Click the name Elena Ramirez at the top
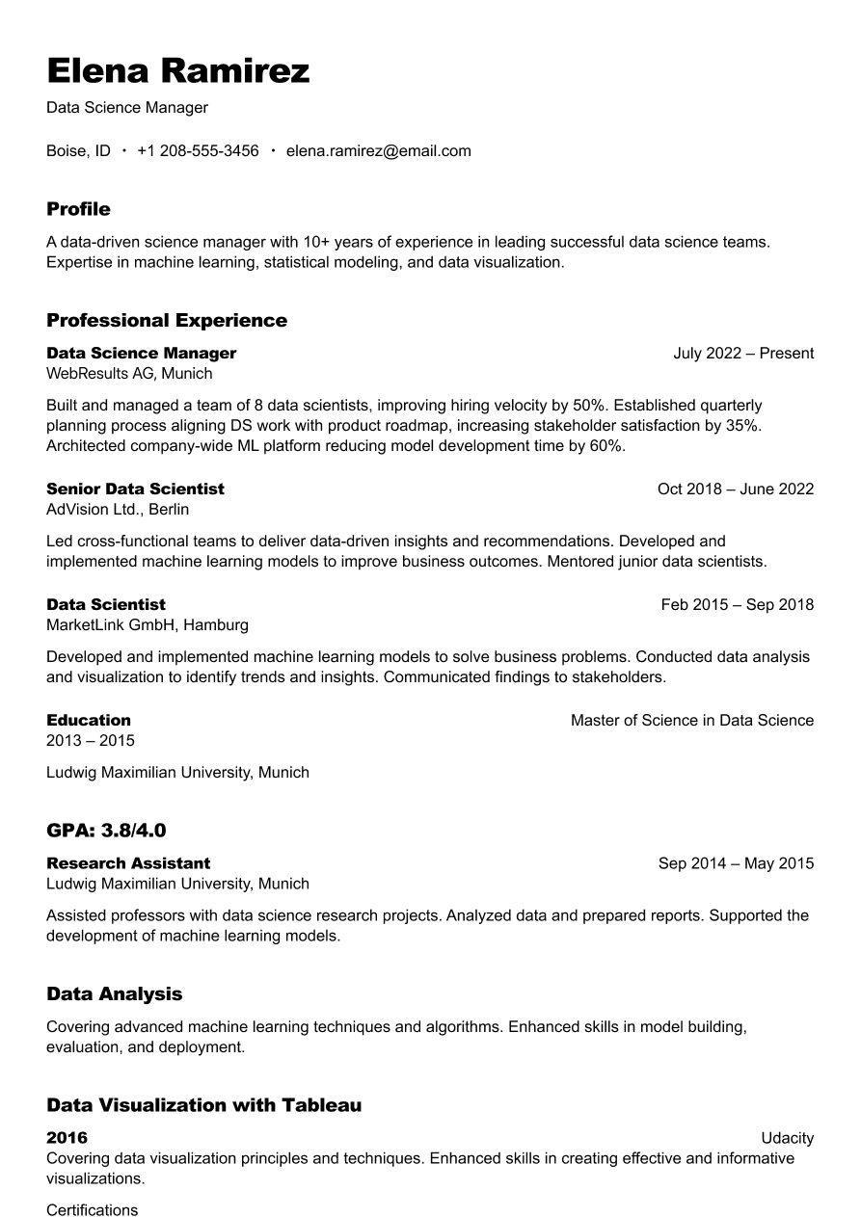(x=178, y=71)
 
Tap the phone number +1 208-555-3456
(x=198, y=150)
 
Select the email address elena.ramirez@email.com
(x=378, y=150)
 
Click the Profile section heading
(x=78, y=209)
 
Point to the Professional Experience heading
(x=167, y=320)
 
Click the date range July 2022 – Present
(x=743, y=353)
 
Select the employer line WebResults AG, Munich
(x=129, y=373)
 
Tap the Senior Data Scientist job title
(x=135, y=489)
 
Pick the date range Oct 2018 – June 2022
(x=735, y=489)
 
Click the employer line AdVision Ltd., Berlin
(x=118, y=509)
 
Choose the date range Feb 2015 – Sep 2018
(x=737, y=604)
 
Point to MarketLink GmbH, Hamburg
(x=148, y=624)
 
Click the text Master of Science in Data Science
(x=691, y=720)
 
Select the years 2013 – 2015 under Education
(x=91, y=740)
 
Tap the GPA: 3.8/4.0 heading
(x=106, y=830)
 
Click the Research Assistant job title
(x=128, y=862)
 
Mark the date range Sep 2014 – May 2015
(x=736, y=862)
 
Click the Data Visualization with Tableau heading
(x=203, y=1105)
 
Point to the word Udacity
(x=787, y=1138)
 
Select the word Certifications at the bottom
(x=93, y=1209)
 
